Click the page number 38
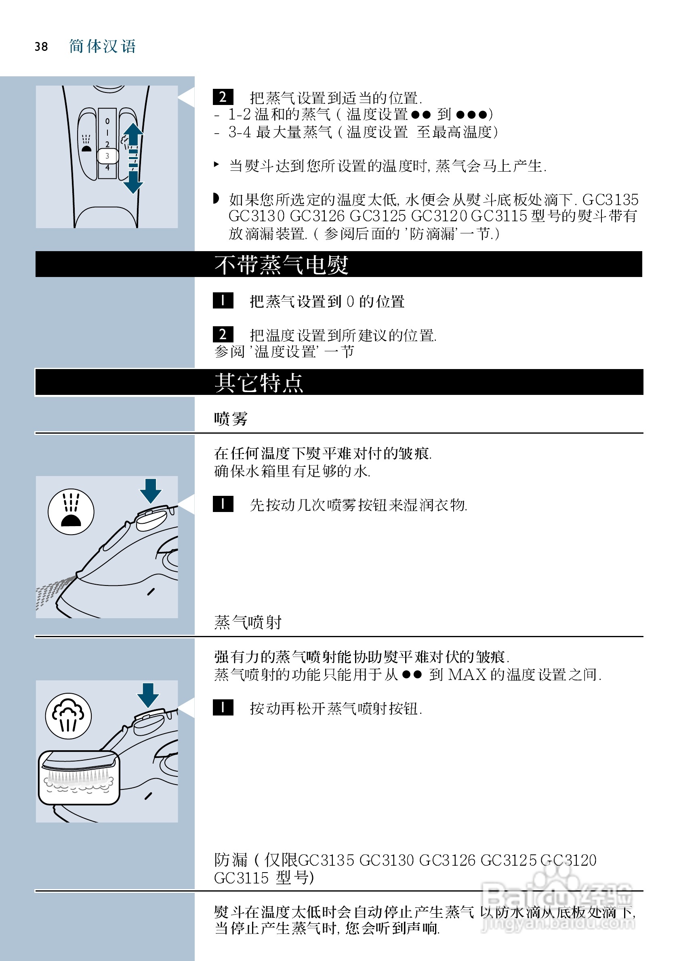tap(41, 46)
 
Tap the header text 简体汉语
tap(103, 46)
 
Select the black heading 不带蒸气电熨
tap(282, 265)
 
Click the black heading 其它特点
tap(259, 383)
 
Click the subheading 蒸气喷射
tap(248, 622)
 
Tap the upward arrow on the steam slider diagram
tap(133, 133)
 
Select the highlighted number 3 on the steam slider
tap(107, 156)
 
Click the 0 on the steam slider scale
tap(107, 122)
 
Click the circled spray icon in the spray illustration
tap(71, 512)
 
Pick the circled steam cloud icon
tap(68, 716)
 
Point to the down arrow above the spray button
tap(150, 491)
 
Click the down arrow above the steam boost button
tap(148, 695)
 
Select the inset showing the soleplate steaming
tap(79, 778)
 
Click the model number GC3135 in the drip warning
tap(610, 199)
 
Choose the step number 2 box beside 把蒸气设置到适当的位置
tap(223, 97)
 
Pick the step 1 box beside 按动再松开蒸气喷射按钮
tap(223, 708)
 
